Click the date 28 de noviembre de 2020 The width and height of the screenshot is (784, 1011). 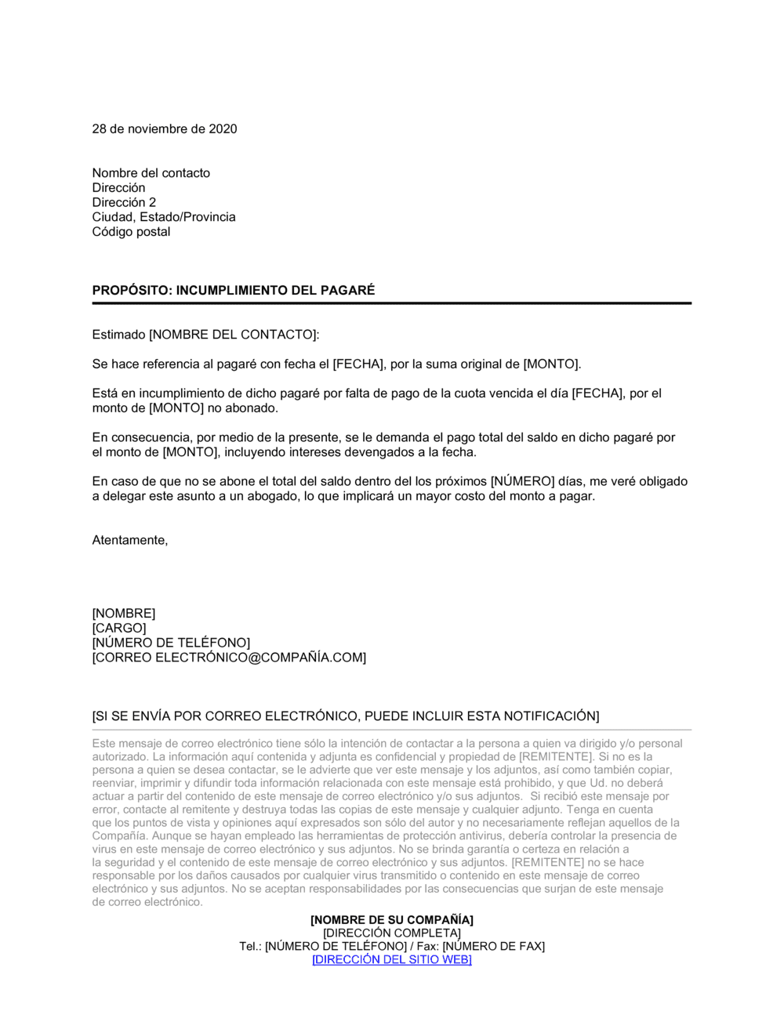[165, 129]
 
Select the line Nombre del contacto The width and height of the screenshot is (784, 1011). [151, 173]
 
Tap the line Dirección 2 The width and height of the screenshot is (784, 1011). [124, 202]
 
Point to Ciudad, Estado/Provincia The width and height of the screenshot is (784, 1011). [164, 217]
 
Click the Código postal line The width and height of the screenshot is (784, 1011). [131, 232]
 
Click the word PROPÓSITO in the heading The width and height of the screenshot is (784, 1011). [130, 291]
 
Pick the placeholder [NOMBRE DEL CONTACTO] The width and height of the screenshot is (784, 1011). [233, 335]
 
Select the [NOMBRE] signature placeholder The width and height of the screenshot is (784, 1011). [124, 614]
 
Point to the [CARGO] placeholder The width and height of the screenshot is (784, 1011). [119, 629]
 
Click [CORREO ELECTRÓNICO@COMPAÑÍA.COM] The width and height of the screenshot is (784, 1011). [229, 658]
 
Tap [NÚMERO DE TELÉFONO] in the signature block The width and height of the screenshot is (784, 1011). [171, 643]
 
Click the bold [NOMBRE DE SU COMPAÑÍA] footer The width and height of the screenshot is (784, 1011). [392, 920]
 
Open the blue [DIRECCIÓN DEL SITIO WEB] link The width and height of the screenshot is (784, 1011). [392, 960]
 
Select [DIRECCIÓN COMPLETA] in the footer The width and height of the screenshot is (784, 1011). [392, 933]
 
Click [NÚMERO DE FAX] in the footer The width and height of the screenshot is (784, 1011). [493, 947]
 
